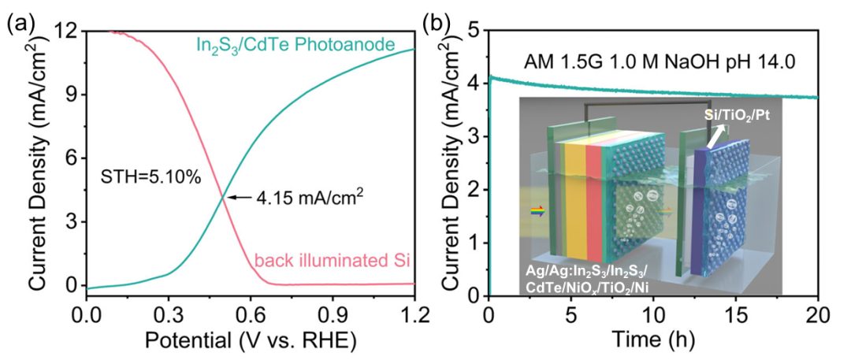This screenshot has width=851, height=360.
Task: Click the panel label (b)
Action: point(438,24)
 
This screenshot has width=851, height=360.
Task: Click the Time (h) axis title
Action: point(653,341)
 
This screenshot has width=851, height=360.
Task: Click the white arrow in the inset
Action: point(717,139)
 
